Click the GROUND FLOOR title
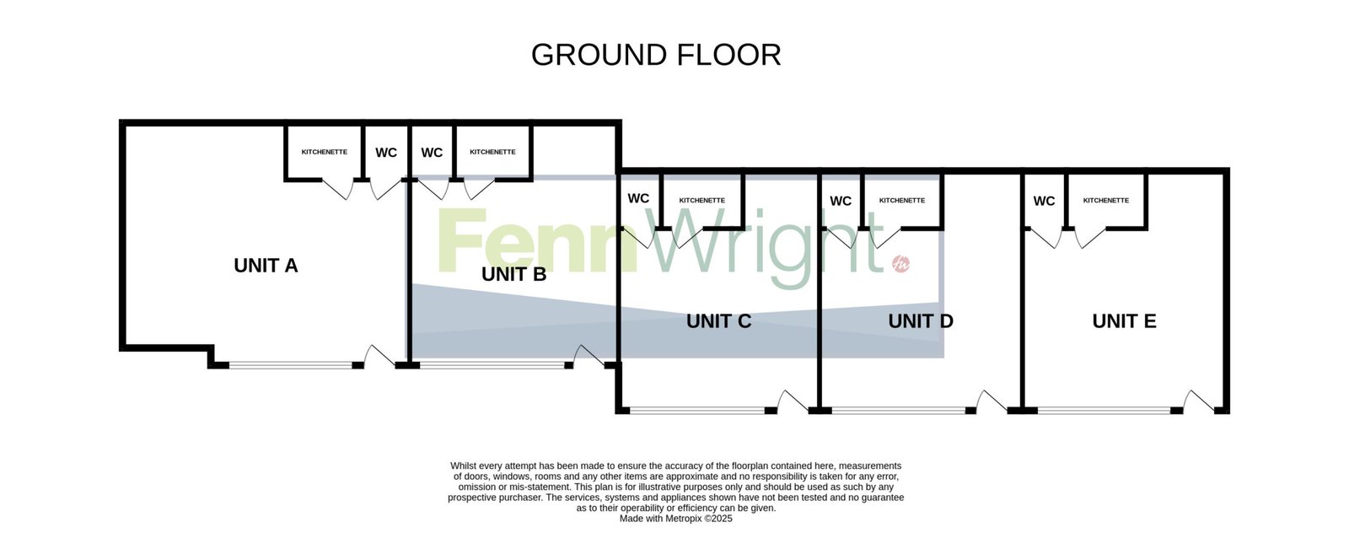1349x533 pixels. pyautogui.click(x=656, y=55)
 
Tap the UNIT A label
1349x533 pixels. pyautogui.click(x=266, y=266)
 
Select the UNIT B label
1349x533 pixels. pyautogui.click(x=513, y=275)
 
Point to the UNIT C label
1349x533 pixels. pyautogui.click(x=719, y=321)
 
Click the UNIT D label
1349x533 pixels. pyautogui.click(x=921, y=321)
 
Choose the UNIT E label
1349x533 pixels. pyautogui.click(x=1125, y=321)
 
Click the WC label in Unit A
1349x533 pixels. pyautogui.click(x=386, y=153)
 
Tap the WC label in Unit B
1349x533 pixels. pyautogui.click(x=432, y=153)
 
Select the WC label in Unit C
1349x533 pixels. pyautogui.click(x=638, y=198)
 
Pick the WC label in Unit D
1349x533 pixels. pyautogui.click(x=841, y=202)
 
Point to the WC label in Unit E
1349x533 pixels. pyautogui.click(x=1045, y=202)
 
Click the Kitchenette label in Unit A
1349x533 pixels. pyautogui.click(x=325, y=153)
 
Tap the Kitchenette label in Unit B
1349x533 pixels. pyautogui.click(x=492, y=153)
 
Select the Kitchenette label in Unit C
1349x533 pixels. pyautogui.click(x=702, y=201)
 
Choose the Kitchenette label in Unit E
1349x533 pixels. pyautogui.click(x=1106, y=201)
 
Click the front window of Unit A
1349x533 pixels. pyautogui.click(x=290, y=365)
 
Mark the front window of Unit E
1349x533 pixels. pyautogui.click(x=1104, y=411)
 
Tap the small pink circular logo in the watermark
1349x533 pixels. pyautogui.click(x=901, y=264)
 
